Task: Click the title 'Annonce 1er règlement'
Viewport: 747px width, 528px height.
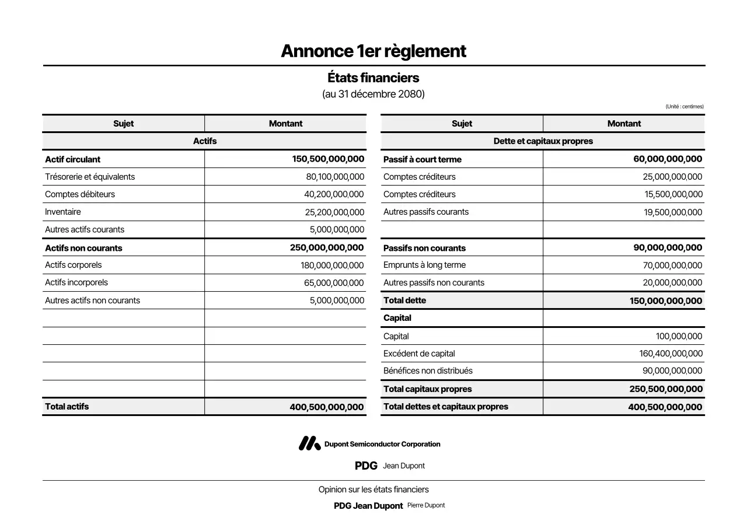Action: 373,51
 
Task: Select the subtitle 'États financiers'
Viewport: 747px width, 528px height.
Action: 373,78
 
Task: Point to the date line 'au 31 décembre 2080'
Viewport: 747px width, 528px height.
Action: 373,94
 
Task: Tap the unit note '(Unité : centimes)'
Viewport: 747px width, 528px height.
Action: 684,107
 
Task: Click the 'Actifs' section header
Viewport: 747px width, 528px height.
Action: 204,141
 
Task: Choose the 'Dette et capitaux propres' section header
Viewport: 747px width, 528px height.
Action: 543,141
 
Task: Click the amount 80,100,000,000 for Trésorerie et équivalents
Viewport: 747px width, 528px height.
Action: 335,177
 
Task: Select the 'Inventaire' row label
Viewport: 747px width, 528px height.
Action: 63,212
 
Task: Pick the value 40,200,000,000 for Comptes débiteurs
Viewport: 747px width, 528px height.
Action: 334,194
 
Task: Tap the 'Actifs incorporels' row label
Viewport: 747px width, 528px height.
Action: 76,282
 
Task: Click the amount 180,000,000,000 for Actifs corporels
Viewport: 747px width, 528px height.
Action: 332,265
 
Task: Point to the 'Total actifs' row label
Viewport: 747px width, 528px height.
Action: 67,407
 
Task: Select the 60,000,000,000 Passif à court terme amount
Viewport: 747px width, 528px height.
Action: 668,159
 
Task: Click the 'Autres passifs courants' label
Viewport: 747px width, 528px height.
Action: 426,212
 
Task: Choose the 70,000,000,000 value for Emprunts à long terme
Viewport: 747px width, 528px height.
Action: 672,265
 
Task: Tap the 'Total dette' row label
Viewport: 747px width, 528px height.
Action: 404,300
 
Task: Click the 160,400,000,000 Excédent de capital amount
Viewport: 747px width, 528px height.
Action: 671,354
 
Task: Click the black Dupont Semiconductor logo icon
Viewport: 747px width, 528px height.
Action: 309,444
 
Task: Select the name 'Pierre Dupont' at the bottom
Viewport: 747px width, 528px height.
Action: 426,505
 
